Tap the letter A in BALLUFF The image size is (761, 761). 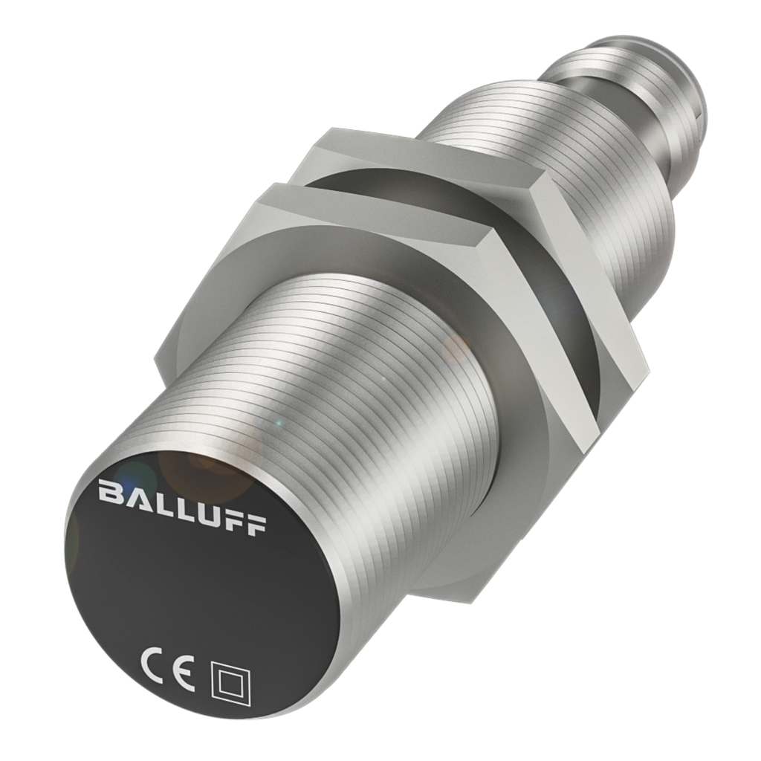[136, 497]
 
